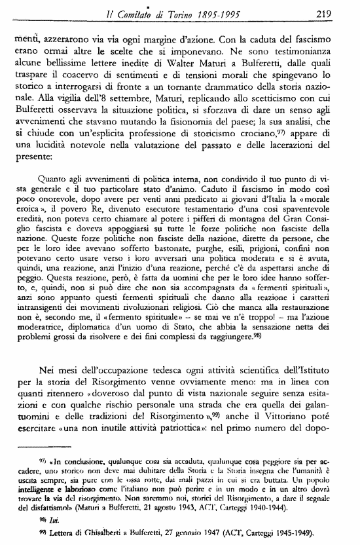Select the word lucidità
(x=71, y=140)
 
